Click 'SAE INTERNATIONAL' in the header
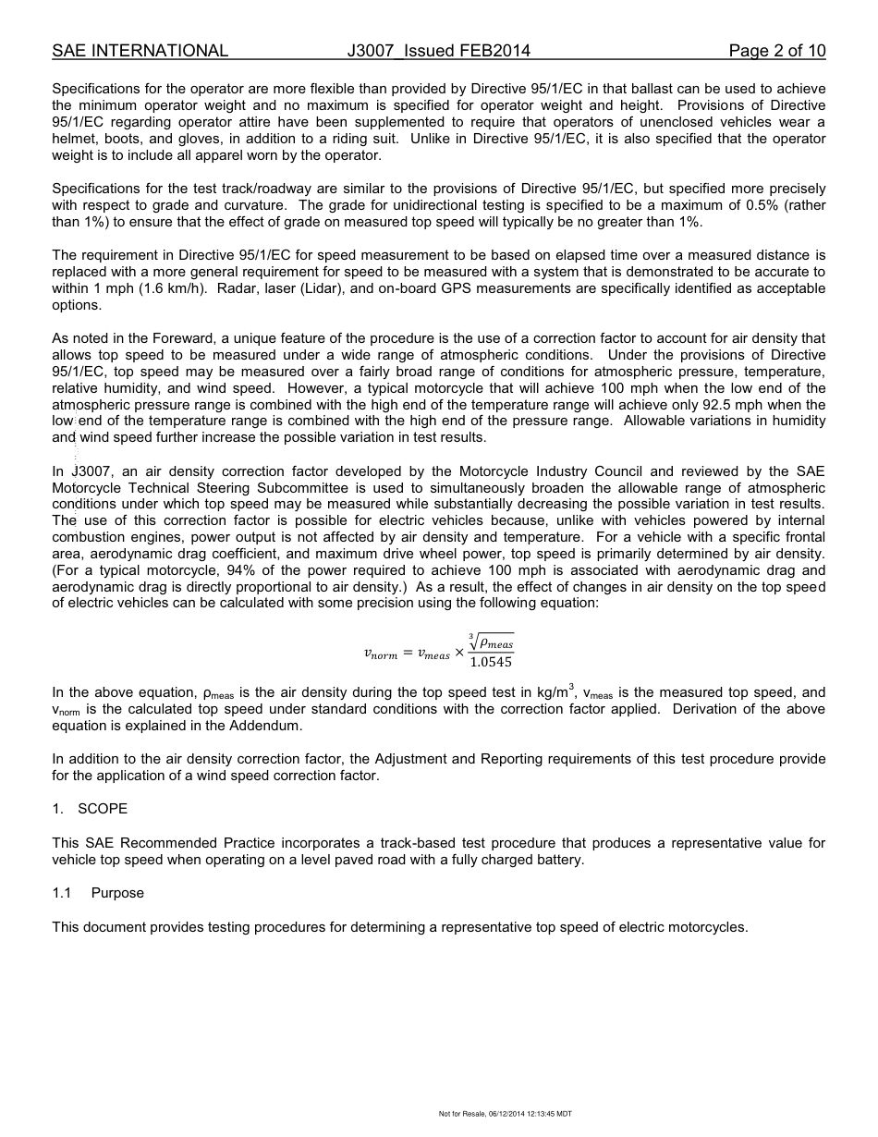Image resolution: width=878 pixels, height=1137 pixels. click(x=140, y=51)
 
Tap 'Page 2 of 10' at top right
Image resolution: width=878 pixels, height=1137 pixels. click(x=776, y=51)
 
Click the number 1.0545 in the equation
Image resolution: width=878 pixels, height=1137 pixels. click(x=490, y=662)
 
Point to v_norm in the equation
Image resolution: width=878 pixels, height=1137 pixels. click(x=380, y=654)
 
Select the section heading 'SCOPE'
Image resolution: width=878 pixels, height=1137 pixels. click(x=103, y=809)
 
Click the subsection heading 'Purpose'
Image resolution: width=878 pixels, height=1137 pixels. click(x=117, y=893)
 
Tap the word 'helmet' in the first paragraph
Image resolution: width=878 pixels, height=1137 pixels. click(x=72, y=139)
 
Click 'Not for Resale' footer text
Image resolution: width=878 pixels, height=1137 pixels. click(x=461, y=1114)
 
